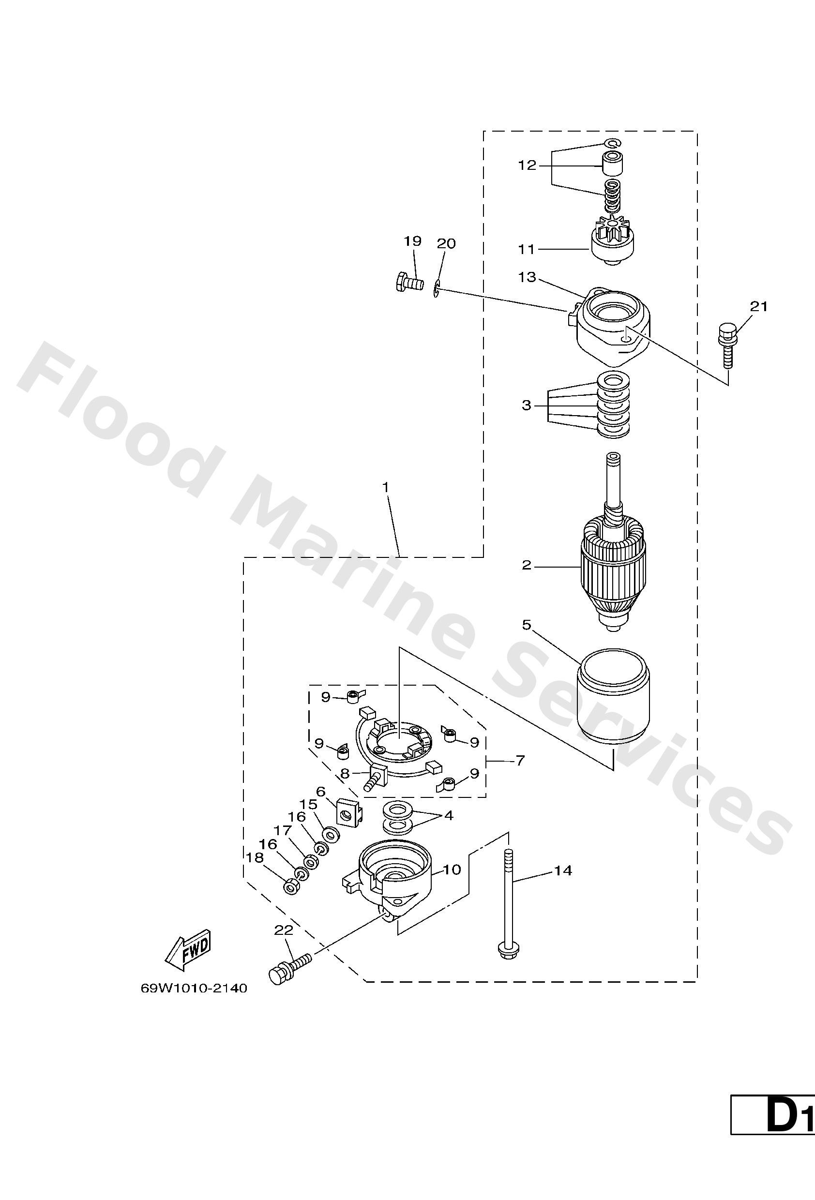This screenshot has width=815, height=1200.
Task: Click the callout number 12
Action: point(528,166)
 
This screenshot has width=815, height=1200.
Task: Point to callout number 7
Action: point(520,760)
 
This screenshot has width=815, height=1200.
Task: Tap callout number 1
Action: point(385,487)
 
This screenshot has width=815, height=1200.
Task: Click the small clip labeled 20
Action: point(437,290)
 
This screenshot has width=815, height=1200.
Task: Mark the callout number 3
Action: point(526,405)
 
